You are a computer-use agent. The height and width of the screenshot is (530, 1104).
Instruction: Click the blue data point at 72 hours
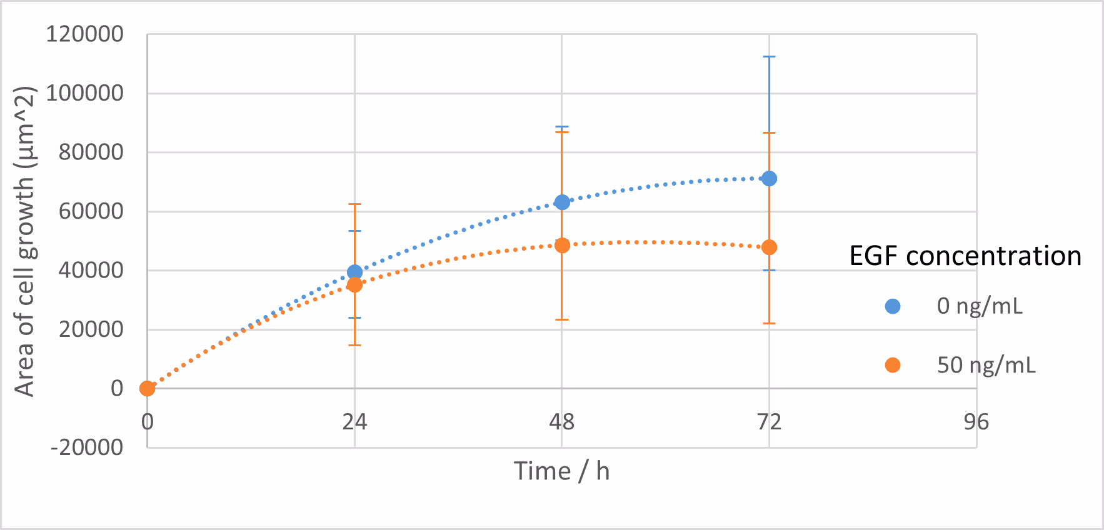tap(769, 179)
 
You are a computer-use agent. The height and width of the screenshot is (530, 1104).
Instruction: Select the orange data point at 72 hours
tap(769, 247)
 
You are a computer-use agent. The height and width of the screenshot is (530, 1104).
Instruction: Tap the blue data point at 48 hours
tap(562, 202)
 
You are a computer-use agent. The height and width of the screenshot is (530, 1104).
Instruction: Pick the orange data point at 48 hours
tap(562, 245)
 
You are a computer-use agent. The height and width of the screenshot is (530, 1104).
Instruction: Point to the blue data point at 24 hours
tap(354, 272)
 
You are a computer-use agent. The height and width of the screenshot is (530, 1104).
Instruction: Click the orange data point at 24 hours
tap(354, 285)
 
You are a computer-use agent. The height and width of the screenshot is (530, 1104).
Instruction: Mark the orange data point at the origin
tap(147, 389)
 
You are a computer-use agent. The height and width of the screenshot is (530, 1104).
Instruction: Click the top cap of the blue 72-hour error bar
tap(769, 57)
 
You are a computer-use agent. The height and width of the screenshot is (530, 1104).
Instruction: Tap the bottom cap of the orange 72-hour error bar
tap(769, 323)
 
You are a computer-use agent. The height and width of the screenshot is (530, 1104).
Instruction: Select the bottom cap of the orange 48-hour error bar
tap(562, 319)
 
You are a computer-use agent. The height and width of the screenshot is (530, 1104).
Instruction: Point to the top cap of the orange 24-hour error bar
tap(354, 204)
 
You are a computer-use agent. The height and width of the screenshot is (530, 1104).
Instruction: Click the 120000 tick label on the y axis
tap(85, 34)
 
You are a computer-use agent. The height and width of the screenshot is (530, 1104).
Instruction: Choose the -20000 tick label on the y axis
tap(88, 447)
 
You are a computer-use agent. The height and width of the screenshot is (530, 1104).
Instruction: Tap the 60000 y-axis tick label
tap(91, 211)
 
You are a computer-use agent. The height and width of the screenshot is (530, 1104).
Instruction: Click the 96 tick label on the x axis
tap(976, 422)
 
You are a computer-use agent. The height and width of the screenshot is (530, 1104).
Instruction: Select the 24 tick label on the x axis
tap(354, 422)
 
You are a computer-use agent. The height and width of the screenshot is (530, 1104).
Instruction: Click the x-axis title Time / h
tap(561, 471)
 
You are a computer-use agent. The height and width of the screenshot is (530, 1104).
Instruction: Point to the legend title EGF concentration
tap(965, 256)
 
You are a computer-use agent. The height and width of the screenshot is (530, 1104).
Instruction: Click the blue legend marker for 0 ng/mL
tap(893, 306)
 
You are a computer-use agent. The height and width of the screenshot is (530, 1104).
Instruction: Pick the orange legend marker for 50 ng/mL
tap(893, 365)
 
